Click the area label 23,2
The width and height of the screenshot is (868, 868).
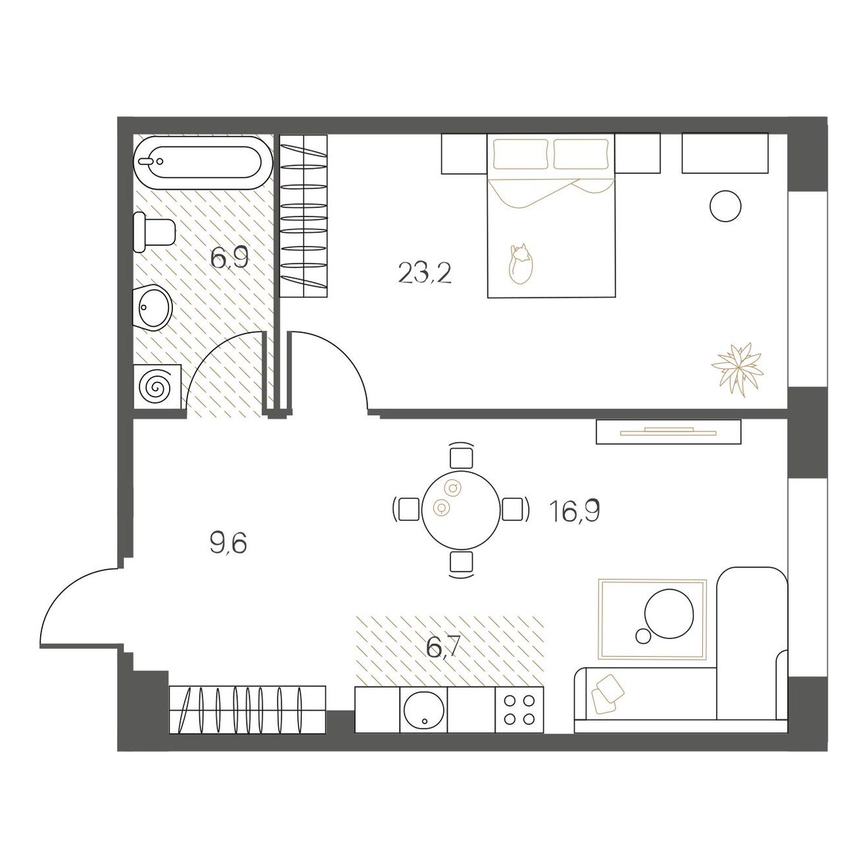(x=424, y=273)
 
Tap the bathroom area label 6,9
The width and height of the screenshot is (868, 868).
(x=229, y=258)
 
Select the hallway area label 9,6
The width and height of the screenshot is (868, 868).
(x=228, y=543)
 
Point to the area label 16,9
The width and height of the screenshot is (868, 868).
(x=574, y=511)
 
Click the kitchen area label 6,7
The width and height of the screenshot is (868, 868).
(x=443, y=648)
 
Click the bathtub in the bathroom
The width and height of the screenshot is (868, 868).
(x=203, y=162)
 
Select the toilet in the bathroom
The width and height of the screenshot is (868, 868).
(x=154, y=232)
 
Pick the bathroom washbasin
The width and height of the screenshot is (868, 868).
(x=153, y=307)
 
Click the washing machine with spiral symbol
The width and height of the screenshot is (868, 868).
(x=158, y=387)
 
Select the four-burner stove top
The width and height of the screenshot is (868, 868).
(x=519, y=710)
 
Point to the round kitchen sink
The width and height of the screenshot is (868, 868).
(x=424, y=711)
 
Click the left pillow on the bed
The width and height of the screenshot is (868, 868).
(x=521, y=154)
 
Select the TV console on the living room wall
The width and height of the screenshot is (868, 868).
(x=669, y=431)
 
